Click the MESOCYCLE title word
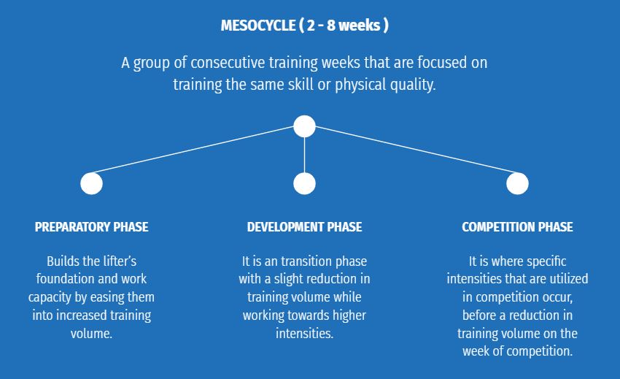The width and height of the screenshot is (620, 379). (x=257, y=26)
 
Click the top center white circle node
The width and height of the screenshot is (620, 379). (x=304, y=126)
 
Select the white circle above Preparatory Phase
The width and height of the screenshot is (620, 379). (x=91, y=184)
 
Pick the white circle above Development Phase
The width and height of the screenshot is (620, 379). (x=304, y=184)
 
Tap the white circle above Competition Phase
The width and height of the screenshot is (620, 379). (x=517, y=184)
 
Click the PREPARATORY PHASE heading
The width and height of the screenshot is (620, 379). (x=91, y=227)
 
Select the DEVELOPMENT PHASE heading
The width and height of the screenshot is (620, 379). (x=304, y=227)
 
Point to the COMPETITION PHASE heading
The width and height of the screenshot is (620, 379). (x=517, y=227)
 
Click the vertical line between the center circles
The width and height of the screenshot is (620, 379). (x=304, y=155)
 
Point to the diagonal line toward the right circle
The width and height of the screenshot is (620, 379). (x=416, y=149)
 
